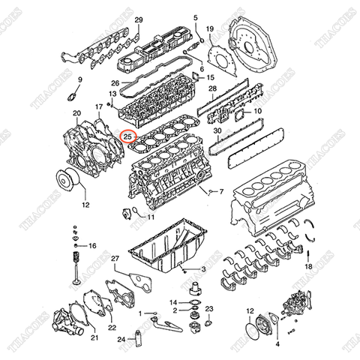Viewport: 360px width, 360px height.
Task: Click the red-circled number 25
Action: click(128, 136)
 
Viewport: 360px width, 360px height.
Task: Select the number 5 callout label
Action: click(195, 16)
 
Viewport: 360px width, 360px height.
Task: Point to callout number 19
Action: click(211, 28)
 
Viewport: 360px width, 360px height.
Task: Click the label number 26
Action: click(115, 82)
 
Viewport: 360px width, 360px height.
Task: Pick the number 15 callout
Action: click(210, 77)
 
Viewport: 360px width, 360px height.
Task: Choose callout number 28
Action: click(212, 89)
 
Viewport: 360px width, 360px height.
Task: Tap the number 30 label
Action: click(217, 130)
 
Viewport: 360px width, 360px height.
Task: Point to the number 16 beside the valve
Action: click(92, 245)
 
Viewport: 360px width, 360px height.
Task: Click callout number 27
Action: click(115, 259)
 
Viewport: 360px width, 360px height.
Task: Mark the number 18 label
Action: click(308, 266)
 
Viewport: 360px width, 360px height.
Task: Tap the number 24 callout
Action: click(121, 340)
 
